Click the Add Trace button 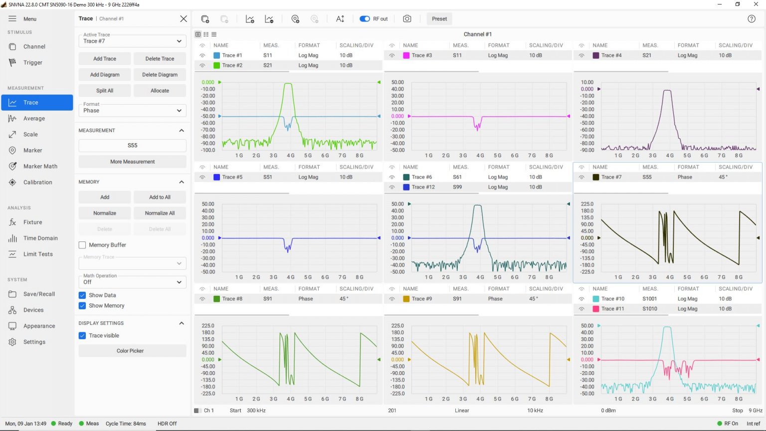pos(105,59)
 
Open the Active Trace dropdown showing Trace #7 pos(132,41)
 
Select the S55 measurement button pos(132,146)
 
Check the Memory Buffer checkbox pos(82,245)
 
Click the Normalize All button pos(160,214)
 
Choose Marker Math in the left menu pos(40,167)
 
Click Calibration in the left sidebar pos(37,183)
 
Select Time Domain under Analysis pos(40,238)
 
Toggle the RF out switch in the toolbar pos(365,19)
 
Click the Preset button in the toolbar pos(439,19)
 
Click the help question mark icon pos(752,19)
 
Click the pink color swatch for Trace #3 pos(406,55)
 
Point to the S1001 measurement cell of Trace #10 pos(649,299)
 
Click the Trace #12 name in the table pos(423,187)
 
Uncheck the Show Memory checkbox pos(82,306)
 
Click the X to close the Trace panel pos(184,19)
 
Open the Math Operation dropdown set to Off pos(132,282)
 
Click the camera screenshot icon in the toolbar pos(407,19)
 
